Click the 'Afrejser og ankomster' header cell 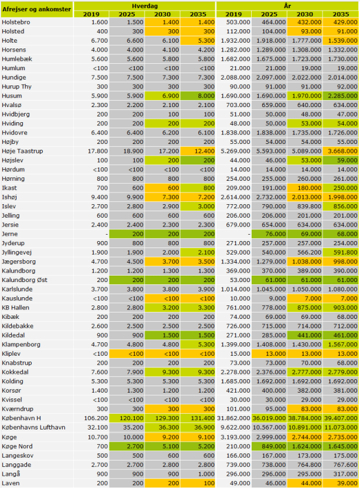[x=37, y=9]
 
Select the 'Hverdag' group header [x=144, y=5]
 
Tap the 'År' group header [x=287, y=5]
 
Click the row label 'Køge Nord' [x=17, y=446]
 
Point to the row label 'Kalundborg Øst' [x=24, y=280]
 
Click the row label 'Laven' [x=12, y=483]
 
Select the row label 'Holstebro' [x=18, y=22]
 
